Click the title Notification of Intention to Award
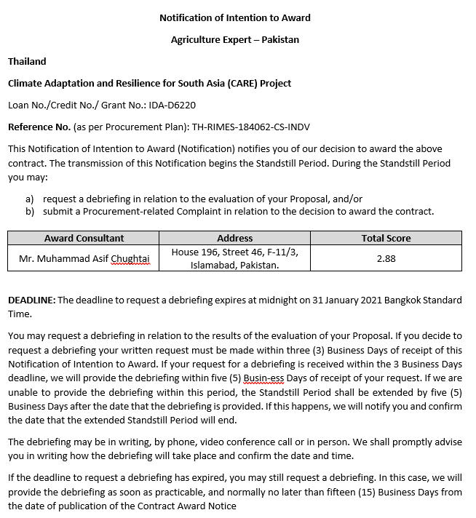[x=235, y=17]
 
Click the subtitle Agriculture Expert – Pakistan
[x=235, y=39]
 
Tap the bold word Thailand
[x=27, y=61]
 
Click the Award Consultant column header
[x=84, y=238]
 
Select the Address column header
[x=234, y=238]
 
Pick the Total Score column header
[x=386, y=238]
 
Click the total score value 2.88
[x=386, y=258]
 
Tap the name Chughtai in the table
[x=131, y=258]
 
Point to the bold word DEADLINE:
[x=31, y=300]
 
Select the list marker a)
[x=30, y=199]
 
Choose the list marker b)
[x=30, y=212]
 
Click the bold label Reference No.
[x=39, y=127]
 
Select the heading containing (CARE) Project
[x=149, y=83]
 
